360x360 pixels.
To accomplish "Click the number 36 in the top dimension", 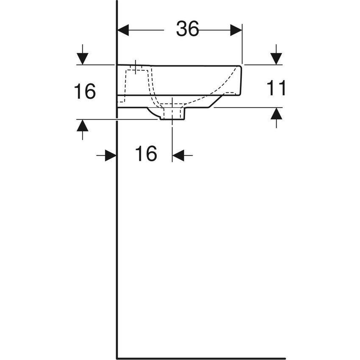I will pos(187,30).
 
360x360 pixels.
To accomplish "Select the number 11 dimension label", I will pos(276,88).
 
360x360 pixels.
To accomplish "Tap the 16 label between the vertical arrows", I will pos(85,91).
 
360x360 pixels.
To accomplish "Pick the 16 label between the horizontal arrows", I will pos(146,154).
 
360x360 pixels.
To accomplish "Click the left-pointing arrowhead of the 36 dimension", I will pos(123,30).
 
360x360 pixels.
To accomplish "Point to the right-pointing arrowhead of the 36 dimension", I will pos(236,30).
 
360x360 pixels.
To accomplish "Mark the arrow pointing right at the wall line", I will pos(111,155).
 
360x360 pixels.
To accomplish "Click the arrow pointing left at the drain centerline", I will pos(178,155).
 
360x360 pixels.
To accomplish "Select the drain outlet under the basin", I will pos(172,114).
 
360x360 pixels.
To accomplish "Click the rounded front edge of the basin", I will pos(240,80).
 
